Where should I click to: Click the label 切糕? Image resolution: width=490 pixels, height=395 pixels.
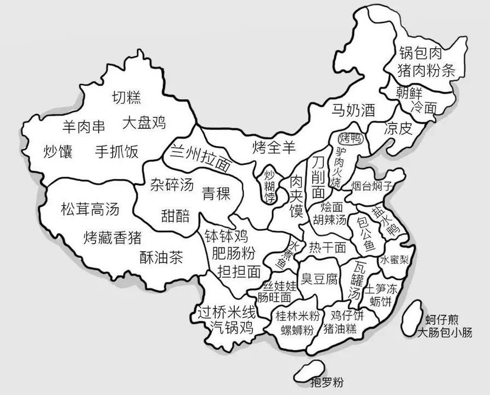127,98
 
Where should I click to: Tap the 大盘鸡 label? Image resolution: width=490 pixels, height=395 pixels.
144,122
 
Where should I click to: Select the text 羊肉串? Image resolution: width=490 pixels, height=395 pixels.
83,127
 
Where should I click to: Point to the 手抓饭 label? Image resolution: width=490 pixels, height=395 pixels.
117,151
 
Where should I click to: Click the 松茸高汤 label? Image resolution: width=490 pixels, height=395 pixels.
89,209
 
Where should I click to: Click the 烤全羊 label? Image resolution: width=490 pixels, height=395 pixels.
274,146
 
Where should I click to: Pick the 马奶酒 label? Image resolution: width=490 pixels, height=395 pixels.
353,110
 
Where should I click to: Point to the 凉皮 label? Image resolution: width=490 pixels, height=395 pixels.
398,129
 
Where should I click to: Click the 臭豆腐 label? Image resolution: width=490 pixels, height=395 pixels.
319,280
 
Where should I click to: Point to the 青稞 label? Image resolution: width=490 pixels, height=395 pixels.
215,193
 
